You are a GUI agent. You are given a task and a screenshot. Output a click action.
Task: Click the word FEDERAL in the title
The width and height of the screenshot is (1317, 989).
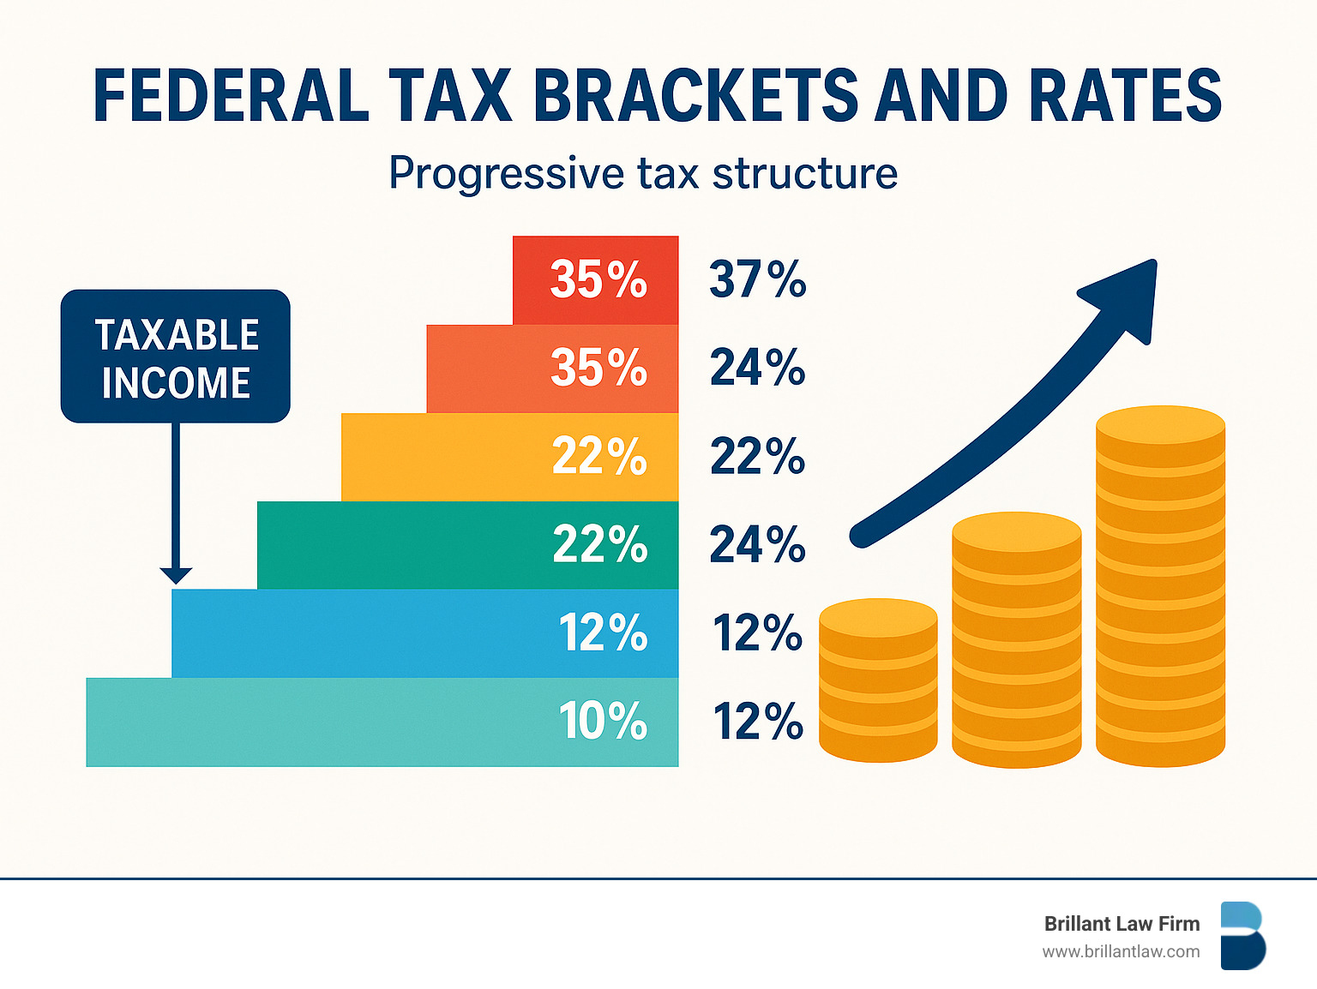click(x=231, y=95)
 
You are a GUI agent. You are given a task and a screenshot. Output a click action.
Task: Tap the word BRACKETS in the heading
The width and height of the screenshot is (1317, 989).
click(x=695, y=95)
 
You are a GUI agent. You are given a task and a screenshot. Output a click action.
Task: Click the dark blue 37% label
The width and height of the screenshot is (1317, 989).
click(x=757, y=279)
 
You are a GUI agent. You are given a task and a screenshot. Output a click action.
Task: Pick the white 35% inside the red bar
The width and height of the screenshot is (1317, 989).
click(x=598, y=279)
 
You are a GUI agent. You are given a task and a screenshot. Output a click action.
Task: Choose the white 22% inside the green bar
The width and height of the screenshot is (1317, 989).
click(x=599, y=544)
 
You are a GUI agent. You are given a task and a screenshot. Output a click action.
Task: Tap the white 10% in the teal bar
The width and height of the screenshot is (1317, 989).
click(x=603, y=721)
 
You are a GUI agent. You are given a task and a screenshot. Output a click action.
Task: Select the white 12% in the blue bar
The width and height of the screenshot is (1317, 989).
click(x=603, y=632)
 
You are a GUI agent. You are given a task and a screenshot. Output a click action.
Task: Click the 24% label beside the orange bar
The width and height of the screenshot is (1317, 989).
click(x=757, y=368)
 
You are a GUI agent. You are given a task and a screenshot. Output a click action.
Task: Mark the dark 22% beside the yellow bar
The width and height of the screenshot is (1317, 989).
click(x=757, y=456)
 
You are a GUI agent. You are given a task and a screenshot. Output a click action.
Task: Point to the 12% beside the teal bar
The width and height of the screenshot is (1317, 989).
click(x=757, y=721)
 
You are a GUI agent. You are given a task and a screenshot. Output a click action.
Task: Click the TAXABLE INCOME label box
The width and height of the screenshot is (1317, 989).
click(x=176, y=357)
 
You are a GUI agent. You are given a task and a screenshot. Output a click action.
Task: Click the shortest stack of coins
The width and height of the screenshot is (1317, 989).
click(x=878, y=680)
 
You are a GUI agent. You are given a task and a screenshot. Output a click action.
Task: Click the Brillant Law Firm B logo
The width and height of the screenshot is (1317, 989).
click(x=1242, y=936)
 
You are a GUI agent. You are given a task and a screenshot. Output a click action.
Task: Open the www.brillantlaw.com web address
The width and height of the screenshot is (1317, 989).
click(x=1121, y=951)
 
